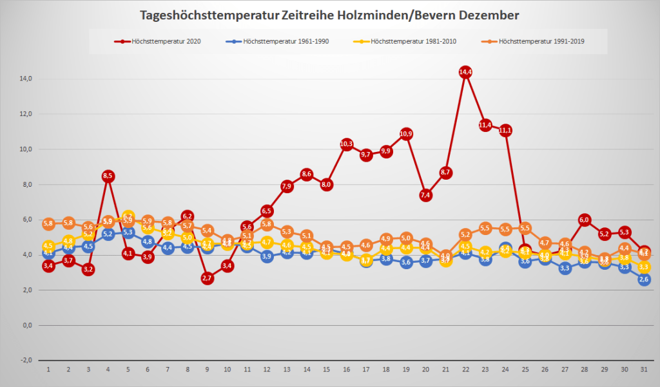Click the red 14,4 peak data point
pos(466,72)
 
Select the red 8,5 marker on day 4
pos(108,176)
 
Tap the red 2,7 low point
pos(207,278)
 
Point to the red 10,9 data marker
pos(406,134)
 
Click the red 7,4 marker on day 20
pos(426,195)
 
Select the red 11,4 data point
pos(485,125)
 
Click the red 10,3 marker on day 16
pos(346,144)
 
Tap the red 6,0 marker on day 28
pos(585,220)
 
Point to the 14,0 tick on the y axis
pos(26,79)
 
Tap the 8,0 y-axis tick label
pos(26,184)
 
